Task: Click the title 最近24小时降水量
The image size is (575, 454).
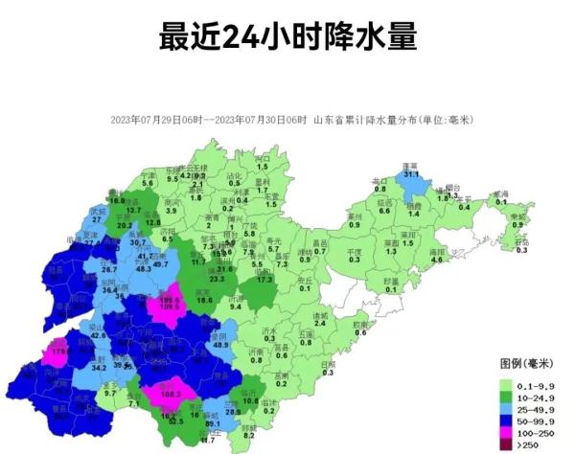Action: (287, 37)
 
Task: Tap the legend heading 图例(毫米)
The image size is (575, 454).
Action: (524, 365)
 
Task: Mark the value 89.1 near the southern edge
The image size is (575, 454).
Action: (213, 422)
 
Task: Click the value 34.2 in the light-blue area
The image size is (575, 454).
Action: (99, 366)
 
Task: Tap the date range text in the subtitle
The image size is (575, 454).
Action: (208, 120)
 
